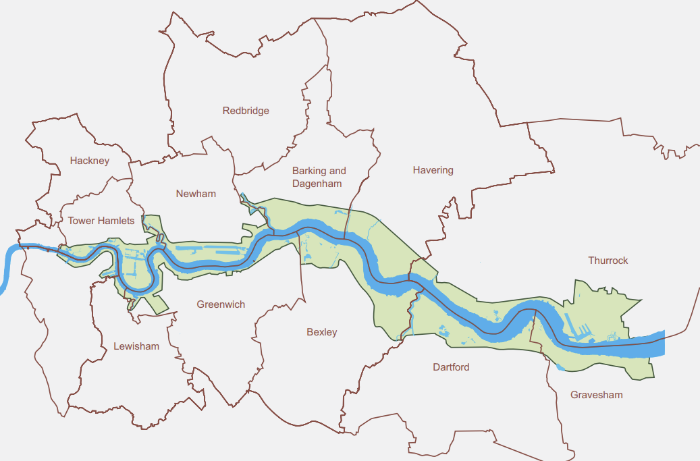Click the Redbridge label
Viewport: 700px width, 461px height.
[x=246, y=111]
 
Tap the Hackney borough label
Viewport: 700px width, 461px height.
[x=89, y=161]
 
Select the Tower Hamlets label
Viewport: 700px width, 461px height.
[x=101, y=221]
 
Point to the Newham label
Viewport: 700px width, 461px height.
[x=196, y=194]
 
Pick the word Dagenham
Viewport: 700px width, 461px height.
[x=317, y=184]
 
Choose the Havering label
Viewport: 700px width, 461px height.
[x=433, y=170]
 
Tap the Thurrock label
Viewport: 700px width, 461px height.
[x=608, y=261]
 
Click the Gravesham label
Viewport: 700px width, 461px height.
[x=596, y=395]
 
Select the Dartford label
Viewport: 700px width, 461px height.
[x=450, y=367]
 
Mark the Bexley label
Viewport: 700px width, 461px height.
[x=321, y=332]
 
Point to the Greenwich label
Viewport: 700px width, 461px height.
[x=221, y=304]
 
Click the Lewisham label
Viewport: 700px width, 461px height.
[x=136, y=346]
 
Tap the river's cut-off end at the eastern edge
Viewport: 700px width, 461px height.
[x=662, y=344]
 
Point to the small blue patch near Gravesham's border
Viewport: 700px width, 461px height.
[x=560, y=367]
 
